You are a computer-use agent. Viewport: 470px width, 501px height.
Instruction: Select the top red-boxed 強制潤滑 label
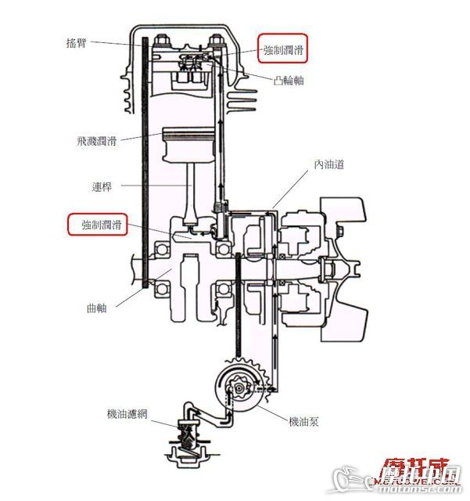point(283,50)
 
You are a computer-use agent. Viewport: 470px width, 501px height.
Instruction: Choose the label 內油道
point(329,164)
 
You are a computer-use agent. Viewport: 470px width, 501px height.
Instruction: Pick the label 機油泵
point(303,421)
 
